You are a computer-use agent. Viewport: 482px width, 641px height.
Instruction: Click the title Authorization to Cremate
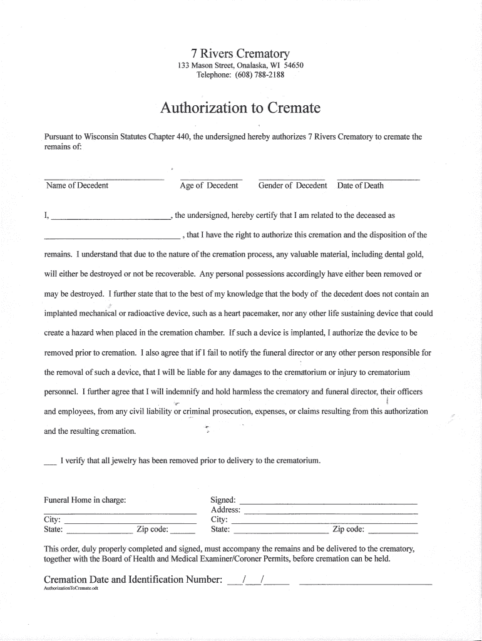(240, 108)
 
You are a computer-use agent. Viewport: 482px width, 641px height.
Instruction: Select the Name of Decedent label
(77, 185)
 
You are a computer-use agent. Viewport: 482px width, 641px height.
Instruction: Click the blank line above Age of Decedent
(211, 178)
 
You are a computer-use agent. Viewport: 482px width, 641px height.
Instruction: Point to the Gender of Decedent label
(292, 185)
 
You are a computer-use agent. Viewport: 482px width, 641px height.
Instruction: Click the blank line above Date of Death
(377, 178)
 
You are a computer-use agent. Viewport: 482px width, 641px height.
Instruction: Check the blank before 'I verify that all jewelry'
(50, 464)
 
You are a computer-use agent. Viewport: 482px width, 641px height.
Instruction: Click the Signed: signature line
(328, 502)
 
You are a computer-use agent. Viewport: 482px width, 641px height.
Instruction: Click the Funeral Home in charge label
(85, 500)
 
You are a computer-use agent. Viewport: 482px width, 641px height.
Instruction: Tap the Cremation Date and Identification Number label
(133, 579)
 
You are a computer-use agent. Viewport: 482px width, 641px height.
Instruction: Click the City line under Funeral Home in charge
(130, 521)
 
